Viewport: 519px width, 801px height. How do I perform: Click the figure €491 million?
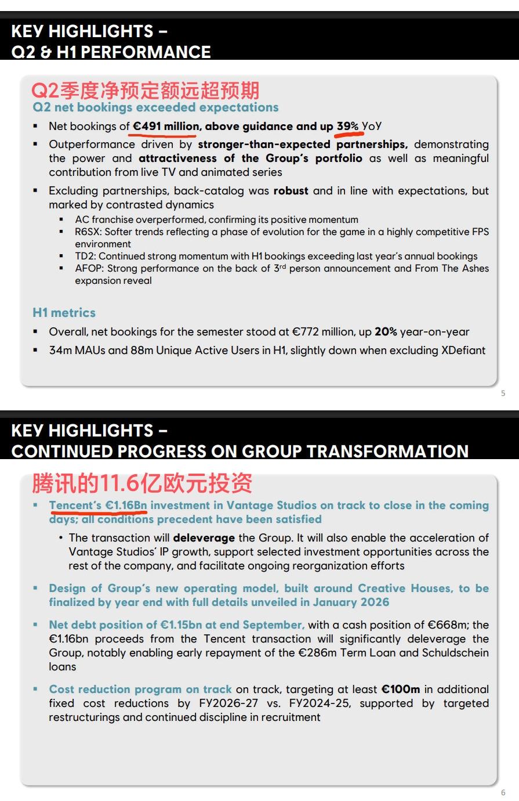point(166,126)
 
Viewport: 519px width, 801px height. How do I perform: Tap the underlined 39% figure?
point(347,126)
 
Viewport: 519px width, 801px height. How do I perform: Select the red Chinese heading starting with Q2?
point(145,91)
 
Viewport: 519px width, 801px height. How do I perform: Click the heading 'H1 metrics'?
point(64,313)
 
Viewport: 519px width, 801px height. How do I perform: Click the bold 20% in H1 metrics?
point(386,332)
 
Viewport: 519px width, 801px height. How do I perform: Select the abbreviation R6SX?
point(88,232)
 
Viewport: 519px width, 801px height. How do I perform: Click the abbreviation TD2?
point(85,256)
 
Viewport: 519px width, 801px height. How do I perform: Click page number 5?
point(503,393)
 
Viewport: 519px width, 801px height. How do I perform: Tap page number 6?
point(503,792)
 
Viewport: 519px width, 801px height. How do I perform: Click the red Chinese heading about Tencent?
point(142,483)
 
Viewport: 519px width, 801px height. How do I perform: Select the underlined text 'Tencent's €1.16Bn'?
point(98,506)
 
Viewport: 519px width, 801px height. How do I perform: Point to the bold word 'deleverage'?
point(204,538)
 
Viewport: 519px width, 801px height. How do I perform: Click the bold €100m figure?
point(400,690)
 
